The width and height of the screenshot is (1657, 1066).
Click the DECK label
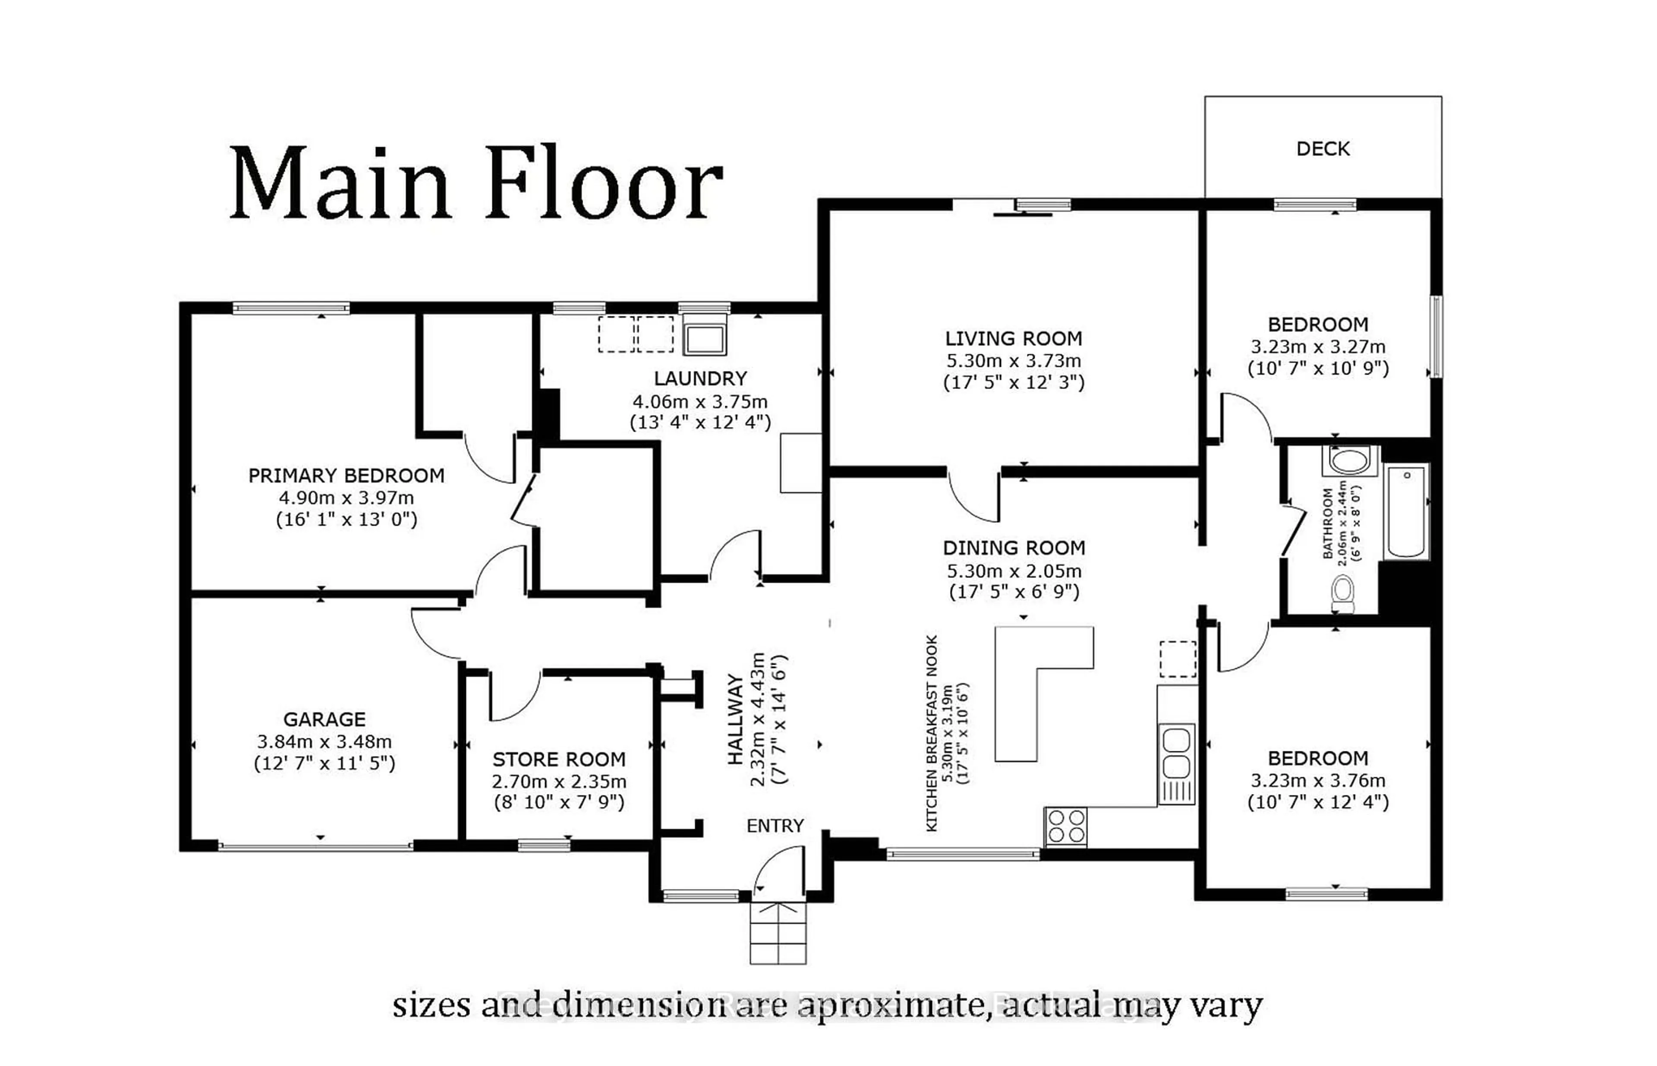(x=1322, y=149)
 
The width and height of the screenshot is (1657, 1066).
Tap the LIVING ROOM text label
(x=1013, y=338)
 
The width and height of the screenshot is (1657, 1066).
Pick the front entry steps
(x=778, y=933)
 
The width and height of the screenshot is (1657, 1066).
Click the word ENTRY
(x=775, y=826)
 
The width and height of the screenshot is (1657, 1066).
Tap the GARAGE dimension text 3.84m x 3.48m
(x=324, y=741)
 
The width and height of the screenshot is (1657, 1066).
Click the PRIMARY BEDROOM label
(x=346, y=476)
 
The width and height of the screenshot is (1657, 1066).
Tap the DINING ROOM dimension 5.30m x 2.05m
(x=1013, y=571)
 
